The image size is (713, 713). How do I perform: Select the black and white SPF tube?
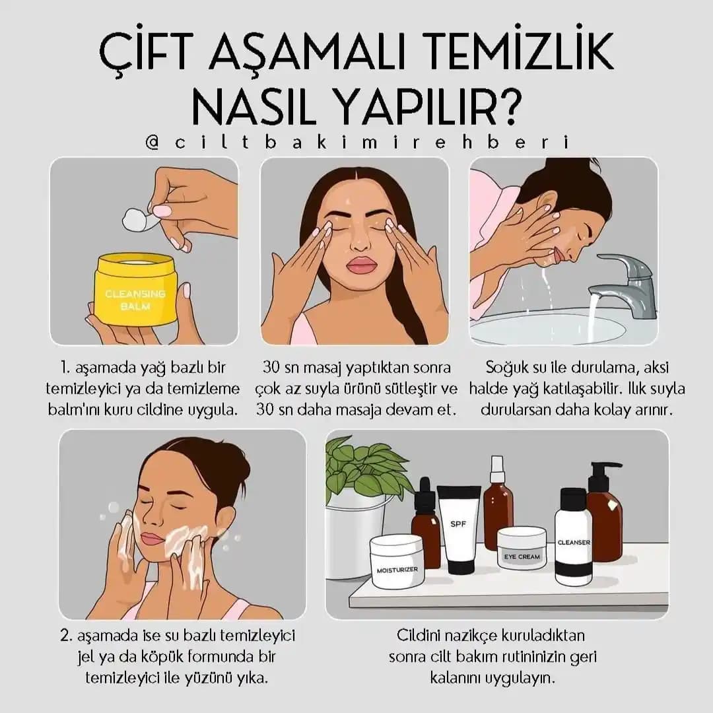458,528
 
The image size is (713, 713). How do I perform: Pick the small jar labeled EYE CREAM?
522,547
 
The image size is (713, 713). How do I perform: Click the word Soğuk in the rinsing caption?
508,368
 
